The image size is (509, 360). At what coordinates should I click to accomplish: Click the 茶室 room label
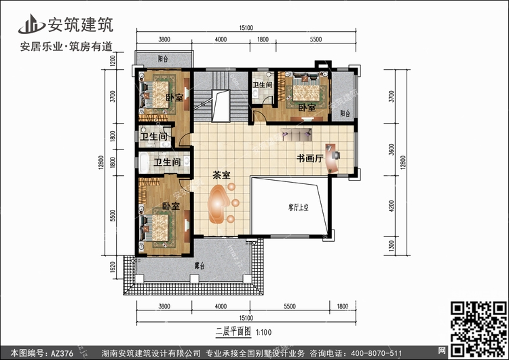pos(221,175)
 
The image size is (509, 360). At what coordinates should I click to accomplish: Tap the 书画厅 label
pos(309,158)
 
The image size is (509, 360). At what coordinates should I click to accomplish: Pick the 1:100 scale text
pos(265,331)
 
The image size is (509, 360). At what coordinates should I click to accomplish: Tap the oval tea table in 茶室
pos(219,205)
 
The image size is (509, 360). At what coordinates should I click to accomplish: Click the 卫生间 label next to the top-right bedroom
pos(262,86)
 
